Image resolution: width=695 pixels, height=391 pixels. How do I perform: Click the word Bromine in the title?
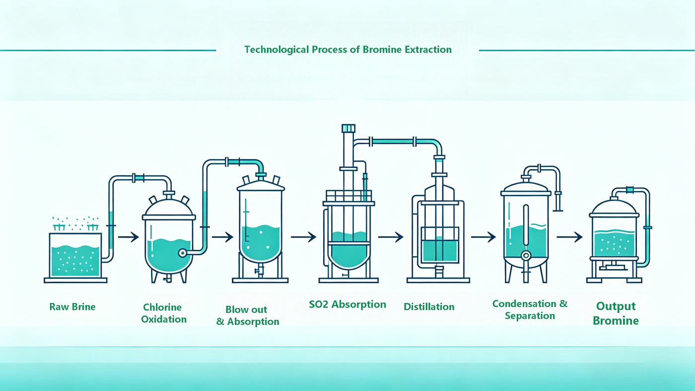382,49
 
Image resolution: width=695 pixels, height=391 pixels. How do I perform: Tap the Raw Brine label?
72,307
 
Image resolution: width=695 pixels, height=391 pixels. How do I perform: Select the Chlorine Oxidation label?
164,313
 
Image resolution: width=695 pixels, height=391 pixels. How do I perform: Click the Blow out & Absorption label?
248,315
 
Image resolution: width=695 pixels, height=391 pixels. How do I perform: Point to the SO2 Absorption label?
347,305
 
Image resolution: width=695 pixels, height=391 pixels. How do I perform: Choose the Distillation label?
429,307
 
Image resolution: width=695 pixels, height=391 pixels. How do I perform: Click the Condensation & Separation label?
530,310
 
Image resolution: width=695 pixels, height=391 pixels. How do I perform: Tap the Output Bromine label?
616,313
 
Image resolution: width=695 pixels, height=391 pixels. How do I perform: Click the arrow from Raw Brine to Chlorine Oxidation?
129,237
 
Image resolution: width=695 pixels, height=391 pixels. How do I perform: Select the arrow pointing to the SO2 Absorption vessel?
303,237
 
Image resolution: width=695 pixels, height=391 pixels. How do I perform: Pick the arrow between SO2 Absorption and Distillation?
391,237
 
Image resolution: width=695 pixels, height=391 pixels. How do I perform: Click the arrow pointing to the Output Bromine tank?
570,237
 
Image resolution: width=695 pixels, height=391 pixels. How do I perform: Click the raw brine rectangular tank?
75,255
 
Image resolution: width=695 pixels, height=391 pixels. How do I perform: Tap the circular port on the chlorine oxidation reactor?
183,253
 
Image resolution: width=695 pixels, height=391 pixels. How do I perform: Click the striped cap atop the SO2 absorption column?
348,128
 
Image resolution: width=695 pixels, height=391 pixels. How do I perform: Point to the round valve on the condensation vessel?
526,255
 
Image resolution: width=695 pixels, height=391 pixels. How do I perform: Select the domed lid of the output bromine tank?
614,207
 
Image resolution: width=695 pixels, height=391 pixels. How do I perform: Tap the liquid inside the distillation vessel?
440,250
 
